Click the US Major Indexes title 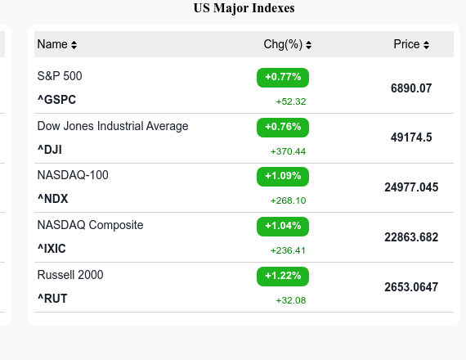pyautogui.click(x=244, y=8)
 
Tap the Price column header pyautogui.click(x=406, y=44)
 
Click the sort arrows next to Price pyautogui.click(x=427, y=45)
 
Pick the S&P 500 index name pyautogui.click(x=60, y=76)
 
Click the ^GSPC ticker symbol pyautogui.click(x=56, y=100)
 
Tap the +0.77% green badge pyautogui.click(x=283, y=77)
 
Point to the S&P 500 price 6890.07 pyautogui.click(x=411, y=88)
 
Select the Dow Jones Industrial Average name pyautogui.click(x=113, y=126)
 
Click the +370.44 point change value pyautogui.click(x=288, y=151)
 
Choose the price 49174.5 pyautogui.click(x=411, y=137)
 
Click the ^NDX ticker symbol pyautogui.click(x=53, y=199)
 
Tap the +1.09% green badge pyautogui.click(x=283, y=176)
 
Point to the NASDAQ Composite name pyautogui.click(x=90, y=225)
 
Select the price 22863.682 pyautogui.click(x=411, y=237)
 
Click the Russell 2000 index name pyautogui.click(x=70, y=275)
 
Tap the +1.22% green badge pyautogui.click(x=283, y=276)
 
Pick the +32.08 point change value pyautogui.click(x=291, y=300)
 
